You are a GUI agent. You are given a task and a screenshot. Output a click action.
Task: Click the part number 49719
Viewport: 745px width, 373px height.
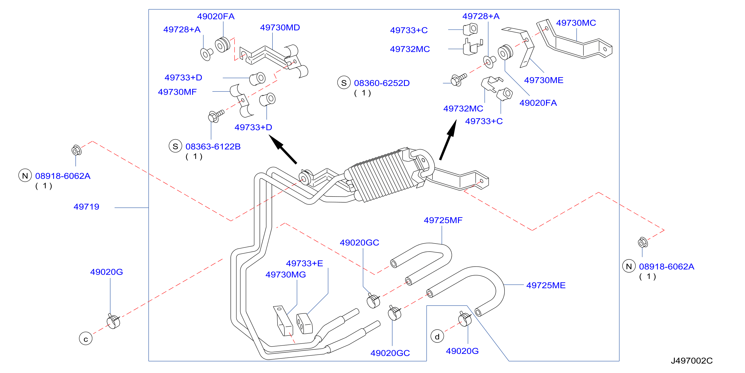[86, 207]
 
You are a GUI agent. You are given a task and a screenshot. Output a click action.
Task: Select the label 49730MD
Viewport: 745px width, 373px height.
[280, 28]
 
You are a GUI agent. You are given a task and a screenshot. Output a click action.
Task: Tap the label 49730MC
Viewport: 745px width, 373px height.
[576, 23]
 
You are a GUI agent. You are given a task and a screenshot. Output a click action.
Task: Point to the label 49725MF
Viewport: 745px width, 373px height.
[443, 220]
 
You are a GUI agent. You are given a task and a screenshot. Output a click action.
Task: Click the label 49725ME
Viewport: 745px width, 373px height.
[546, 286]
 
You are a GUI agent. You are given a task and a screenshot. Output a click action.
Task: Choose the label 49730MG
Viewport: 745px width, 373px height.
[286, 275]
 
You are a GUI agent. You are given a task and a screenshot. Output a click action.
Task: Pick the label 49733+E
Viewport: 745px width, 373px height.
[304, 263]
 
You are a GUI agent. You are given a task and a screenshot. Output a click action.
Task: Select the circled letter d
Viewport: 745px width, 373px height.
[437, 337]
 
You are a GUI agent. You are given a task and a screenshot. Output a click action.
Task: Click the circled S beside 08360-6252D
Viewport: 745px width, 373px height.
[344, 83]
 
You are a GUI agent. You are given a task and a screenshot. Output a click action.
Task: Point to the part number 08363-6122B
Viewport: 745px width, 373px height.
[213, 147]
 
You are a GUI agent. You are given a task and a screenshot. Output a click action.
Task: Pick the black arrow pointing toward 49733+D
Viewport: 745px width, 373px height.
[283, 149]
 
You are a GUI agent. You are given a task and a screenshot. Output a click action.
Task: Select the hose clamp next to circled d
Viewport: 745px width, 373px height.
[465, 319]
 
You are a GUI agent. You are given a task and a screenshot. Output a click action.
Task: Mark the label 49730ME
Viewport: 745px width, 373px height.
[544, 80]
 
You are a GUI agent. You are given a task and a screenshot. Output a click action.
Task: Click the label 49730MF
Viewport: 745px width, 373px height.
[177, 92]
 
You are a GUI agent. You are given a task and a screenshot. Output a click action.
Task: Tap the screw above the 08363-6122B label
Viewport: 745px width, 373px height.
[216, 116]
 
